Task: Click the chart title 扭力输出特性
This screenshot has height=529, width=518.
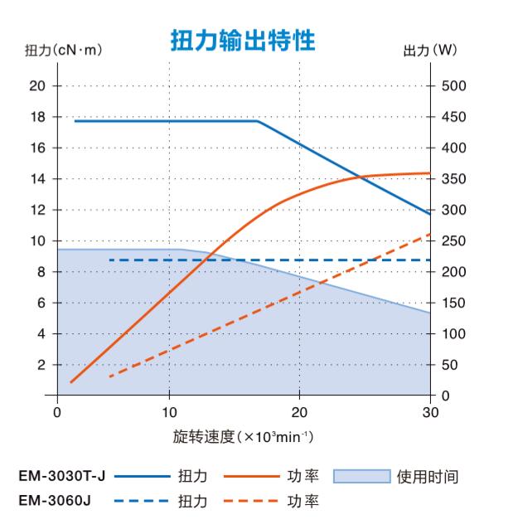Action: click(x=242, y=40)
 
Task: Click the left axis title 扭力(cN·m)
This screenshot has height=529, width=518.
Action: click(x=62, y=51)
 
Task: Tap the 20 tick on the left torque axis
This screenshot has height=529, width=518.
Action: click(x=36, y=85)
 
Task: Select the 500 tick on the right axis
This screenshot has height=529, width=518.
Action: click(x=454, y=85)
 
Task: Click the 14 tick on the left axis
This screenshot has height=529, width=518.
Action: click(x=36, y=179)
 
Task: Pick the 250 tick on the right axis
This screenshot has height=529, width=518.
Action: click(x=454, y=241)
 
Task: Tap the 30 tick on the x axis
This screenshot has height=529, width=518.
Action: click(x=431, y=412)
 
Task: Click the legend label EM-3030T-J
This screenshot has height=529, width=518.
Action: click(x=60, y=477)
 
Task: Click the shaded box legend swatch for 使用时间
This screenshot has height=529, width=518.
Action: click(x=361, y=477)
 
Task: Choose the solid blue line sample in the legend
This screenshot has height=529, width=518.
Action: click(x=141, y=477)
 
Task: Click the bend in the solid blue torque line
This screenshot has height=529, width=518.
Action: click(x=257, y=121)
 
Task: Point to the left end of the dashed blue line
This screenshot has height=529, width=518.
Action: click(x=110, y=260)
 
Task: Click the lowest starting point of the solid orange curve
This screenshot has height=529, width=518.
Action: click(x=71, y=382)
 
